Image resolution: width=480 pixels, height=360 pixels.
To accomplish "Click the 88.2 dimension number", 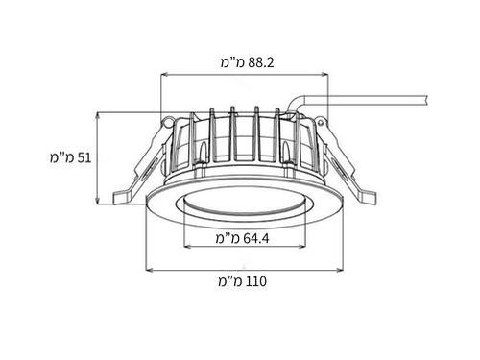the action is tap(261, 62).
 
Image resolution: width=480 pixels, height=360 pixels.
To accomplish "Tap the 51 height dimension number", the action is tap(84, 157).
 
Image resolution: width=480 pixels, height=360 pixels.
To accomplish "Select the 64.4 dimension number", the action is tap(256, 238).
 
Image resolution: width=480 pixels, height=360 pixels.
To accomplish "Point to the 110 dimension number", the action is tap(255, 281).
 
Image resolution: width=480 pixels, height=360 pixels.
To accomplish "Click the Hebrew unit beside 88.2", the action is tap(232, 62).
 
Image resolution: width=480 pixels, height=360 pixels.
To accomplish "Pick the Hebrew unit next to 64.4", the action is tap(228, 238).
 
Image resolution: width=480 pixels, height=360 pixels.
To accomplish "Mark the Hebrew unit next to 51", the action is tap(61, 157).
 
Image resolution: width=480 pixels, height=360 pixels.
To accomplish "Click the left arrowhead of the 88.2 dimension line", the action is tap(163, 75).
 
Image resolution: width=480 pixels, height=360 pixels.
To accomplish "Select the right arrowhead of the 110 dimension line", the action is tap(339, 271).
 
